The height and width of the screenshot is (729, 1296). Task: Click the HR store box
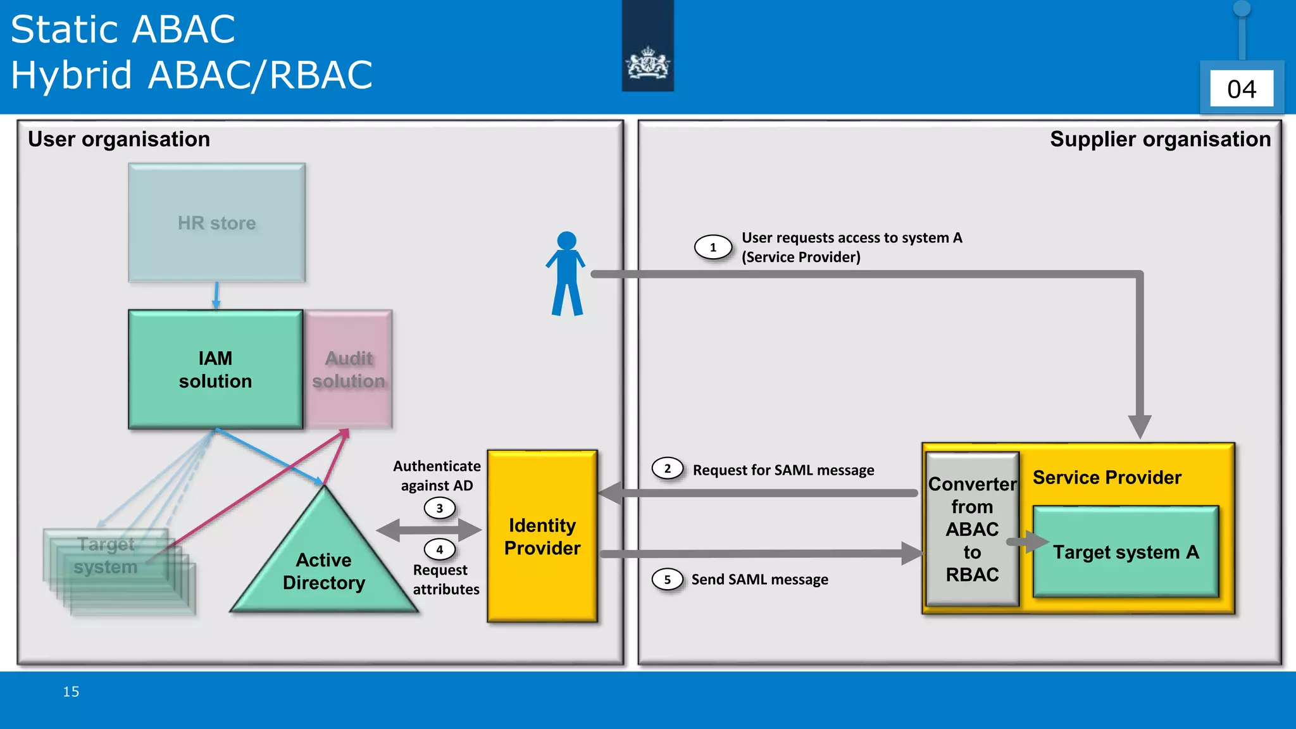point(216,223)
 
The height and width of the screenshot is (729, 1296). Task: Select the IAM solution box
point(215,370)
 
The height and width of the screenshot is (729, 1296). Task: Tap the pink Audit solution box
point(349,370)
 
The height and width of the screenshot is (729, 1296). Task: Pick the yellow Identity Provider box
point(542,536)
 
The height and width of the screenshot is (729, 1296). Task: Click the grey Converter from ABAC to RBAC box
point(972,529)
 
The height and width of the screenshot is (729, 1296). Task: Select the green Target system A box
point(1125,552)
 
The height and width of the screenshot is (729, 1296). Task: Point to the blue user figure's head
point(566,240)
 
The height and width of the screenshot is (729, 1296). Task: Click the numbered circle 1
point(713,247)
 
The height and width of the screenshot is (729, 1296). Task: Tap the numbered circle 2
point(667,469)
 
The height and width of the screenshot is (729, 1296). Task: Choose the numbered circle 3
point(439,508)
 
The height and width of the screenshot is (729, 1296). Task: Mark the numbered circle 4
point(439,549)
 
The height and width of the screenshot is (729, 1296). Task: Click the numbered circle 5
point(667,579)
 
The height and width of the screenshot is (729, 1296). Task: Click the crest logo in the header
point(647,63)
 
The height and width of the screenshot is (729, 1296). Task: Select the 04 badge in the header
point(1241,89)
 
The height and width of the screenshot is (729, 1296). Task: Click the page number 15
point(71,692)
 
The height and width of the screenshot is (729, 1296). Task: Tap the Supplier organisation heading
point(1160,139)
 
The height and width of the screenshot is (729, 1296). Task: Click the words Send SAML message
point(759,579)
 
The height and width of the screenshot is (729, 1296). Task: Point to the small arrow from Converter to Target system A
point(1027,542)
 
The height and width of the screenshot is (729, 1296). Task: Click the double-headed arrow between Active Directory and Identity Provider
point(429,530)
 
